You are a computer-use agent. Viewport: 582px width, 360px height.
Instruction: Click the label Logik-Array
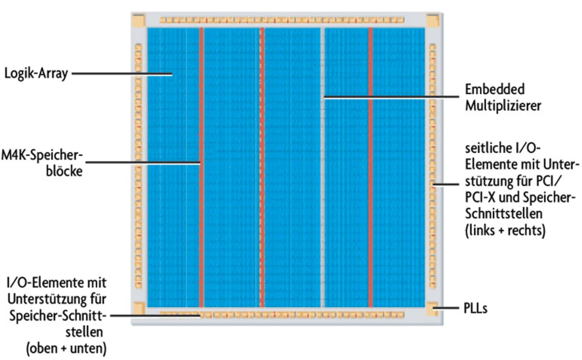click(x=36, y=74)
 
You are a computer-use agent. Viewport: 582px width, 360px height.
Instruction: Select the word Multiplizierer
click(x=502, y=105)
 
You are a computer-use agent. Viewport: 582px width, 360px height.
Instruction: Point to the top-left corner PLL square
click(x=138, y=20)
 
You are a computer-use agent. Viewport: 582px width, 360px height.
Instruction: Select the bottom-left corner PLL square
click(x=138, y=309)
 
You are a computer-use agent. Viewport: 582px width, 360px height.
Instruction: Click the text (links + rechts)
click(x=504, y=230)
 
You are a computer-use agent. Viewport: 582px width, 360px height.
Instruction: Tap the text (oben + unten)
click(x=66, y=349)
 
